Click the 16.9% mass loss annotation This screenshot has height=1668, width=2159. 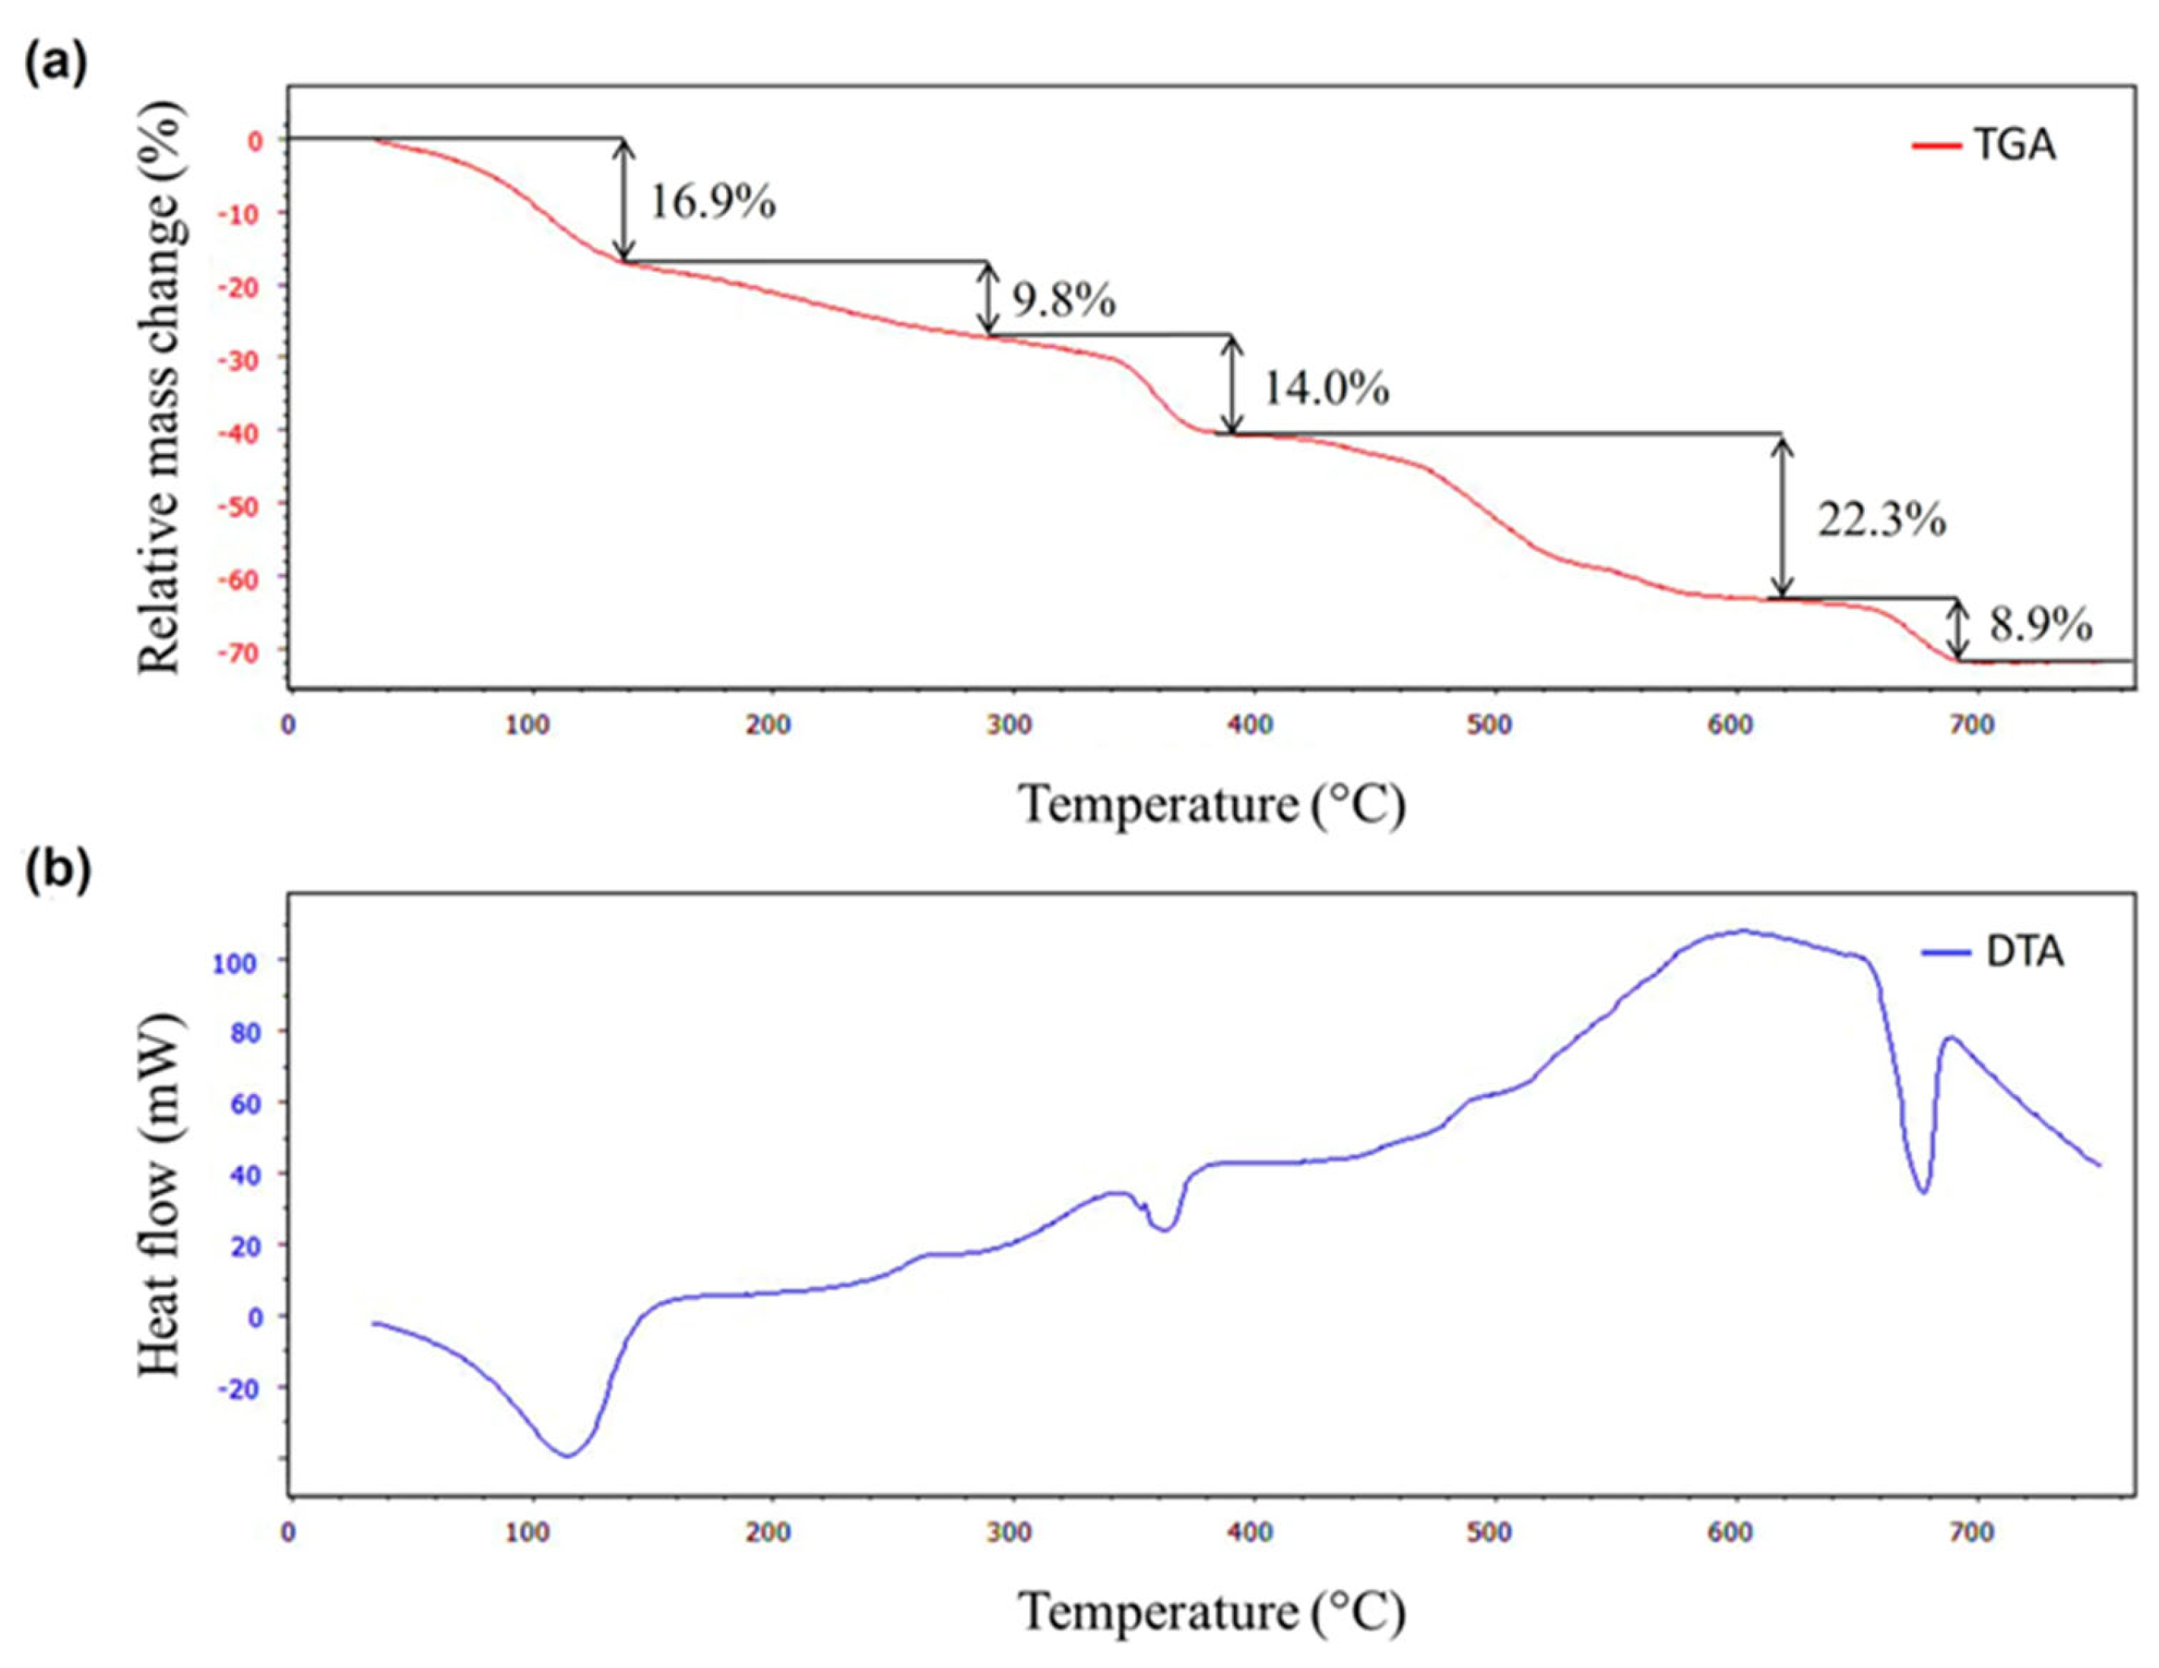pos(712,203)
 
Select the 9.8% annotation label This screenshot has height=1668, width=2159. pos(1063,300)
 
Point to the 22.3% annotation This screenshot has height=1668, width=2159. pos(1882,520)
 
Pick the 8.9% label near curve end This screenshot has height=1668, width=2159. pos(2040,626)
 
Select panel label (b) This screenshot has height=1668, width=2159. pos(56,870)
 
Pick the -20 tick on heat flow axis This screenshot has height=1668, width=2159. pos(243,1389)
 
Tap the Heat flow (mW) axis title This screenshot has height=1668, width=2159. pos(160,1194)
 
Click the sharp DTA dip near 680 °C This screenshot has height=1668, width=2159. pos(1923,1191)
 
